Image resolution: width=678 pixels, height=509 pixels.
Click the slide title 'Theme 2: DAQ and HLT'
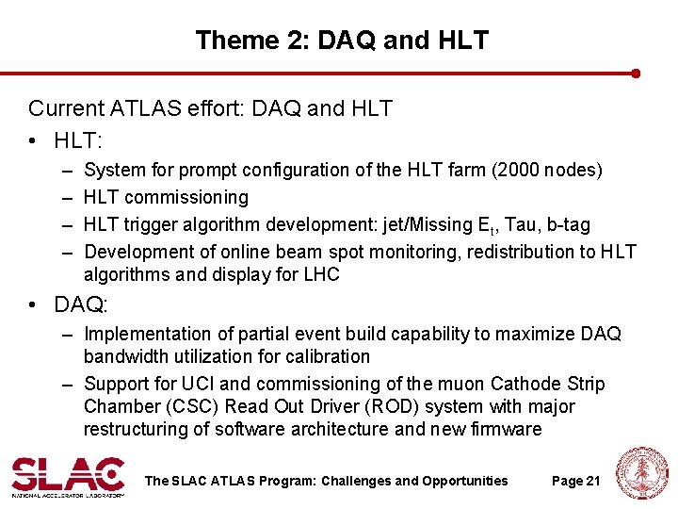(x=342, y=41)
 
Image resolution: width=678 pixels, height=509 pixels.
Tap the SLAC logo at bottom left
(x=68, y=477)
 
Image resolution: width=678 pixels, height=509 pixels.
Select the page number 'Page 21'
(x=575, y=481)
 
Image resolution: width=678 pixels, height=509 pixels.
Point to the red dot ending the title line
(x=637, y=73)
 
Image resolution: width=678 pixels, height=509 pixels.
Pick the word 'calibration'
(x=322, y=356)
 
